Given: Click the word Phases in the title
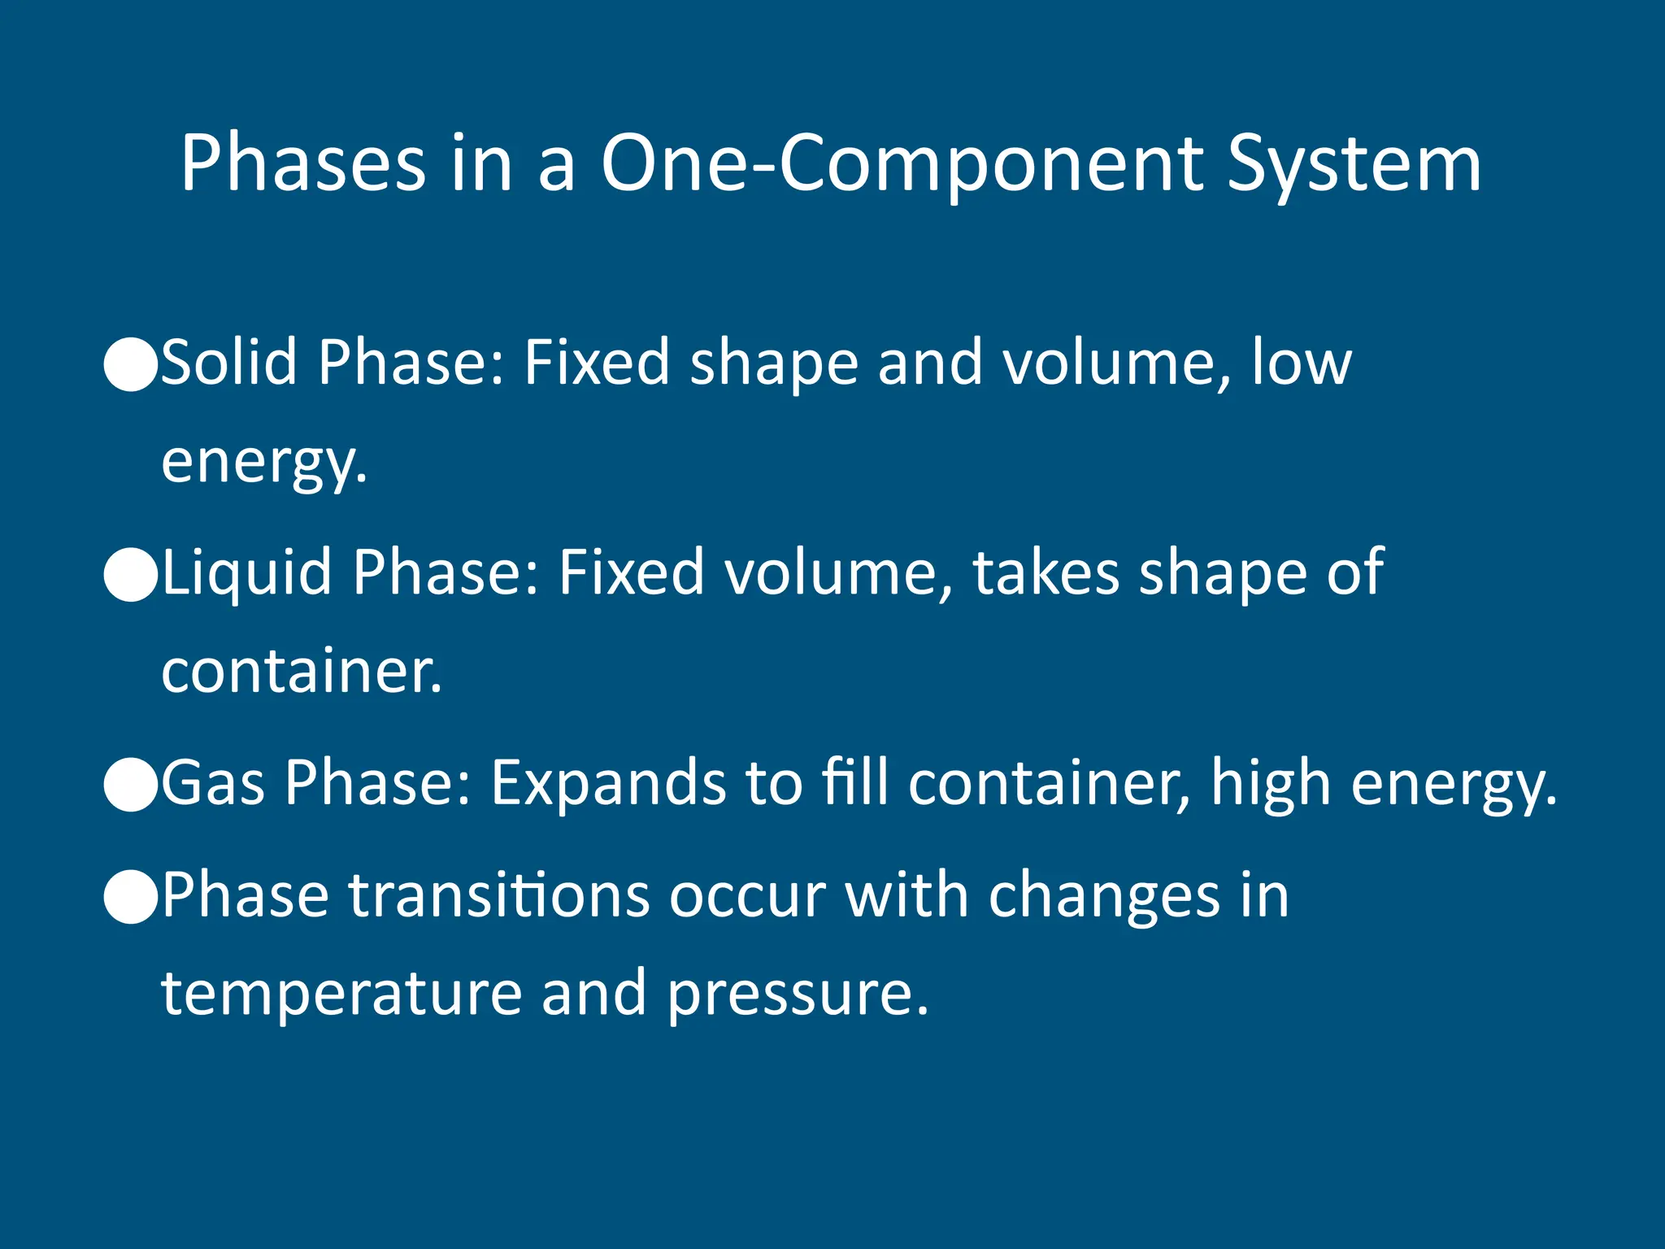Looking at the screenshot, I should pyautogui.click(x=302, y=164).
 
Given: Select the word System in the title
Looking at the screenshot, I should pyautogui.click(x=1354, y=164).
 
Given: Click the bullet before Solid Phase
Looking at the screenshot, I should pyautogui.click(x=131, y=365).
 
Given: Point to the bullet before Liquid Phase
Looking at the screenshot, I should pyautogui.click(x=131, y=575).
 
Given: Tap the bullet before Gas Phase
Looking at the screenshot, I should pyautogui.click(x=131, y=786).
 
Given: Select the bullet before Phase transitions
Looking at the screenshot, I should pyautogui.click(x=131, y=897).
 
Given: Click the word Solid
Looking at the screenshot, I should pyautogui.click(x=229, y=362).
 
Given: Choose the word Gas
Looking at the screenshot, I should pyautogui.click(x=213, y=782).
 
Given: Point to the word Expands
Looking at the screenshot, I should pyautogui.click(x=608, y=782).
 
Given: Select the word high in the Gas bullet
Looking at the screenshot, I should pyautogui.click(x=1270, y=782).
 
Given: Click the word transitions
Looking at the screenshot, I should pyautogui.click(x=499, y=894).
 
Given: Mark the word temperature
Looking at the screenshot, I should pyautogui.click(x=341, y=994).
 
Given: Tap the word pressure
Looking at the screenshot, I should pyautogui.click(x=798, y=994).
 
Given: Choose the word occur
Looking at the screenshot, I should pyautogui.click(x=747, y=894).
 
